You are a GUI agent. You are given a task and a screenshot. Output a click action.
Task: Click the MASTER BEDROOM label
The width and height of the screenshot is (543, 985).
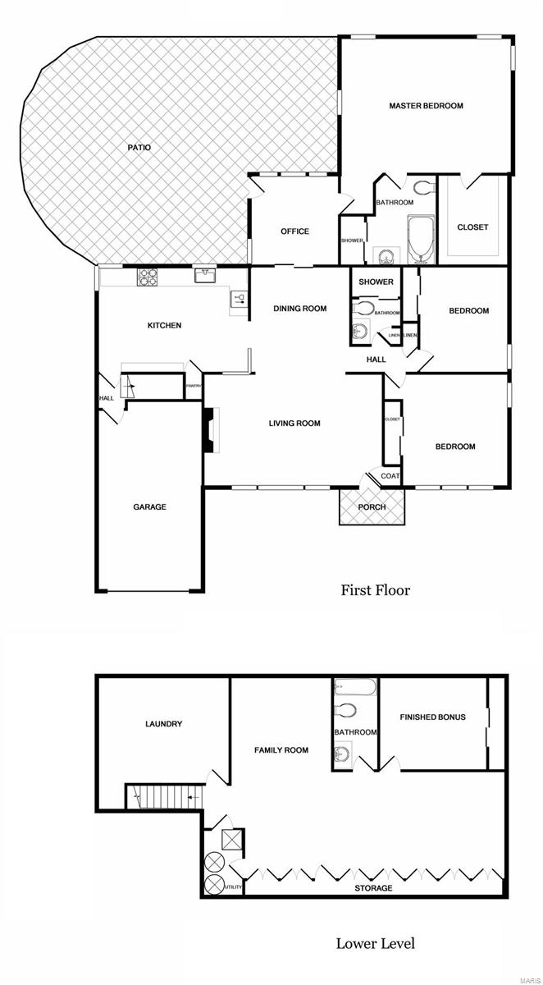426,106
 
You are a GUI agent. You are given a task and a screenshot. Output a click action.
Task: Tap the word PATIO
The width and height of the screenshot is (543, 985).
139,148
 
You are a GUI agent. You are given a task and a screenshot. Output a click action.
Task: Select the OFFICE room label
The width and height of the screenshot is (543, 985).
294,231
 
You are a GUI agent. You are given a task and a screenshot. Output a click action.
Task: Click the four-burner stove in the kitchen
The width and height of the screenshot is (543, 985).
147,277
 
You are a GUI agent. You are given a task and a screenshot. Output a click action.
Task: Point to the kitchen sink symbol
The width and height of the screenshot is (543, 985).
204,277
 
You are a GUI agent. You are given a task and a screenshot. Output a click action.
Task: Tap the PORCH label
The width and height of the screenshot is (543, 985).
372,506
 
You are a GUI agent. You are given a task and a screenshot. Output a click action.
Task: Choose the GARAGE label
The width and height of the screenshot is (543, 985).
149,507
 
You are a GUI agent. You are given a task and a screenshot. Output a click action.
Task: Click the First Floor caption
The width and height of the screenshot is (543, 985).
375,589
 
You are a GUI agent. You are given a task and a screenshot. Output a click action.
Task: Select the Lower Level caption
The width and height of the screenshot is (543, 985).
375,943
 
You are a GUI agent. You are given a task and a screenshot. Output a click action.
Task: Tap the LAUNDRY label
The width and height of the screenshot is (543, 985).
163,724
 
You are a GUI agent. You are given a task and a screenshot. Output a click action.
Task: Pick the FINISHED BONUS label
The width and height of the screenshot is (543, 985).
432,717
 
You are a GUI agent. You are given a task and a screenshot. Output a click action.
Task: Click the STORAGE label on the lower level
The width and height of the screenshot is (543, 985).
372,888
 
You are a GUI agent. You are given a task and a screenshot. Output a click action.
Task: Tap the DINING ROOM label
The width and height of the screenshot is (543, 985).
299,309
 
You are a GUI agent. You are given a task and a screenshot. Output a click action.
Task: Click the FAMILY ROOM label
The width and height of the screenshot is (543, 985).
281,749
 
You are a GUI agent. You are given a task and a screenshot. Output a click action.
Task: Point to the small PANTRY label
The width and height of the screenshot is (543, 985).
194,386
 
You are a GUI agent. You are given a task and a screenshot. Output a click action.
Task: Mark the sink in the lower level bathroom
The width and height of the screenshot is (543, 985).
343,753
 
